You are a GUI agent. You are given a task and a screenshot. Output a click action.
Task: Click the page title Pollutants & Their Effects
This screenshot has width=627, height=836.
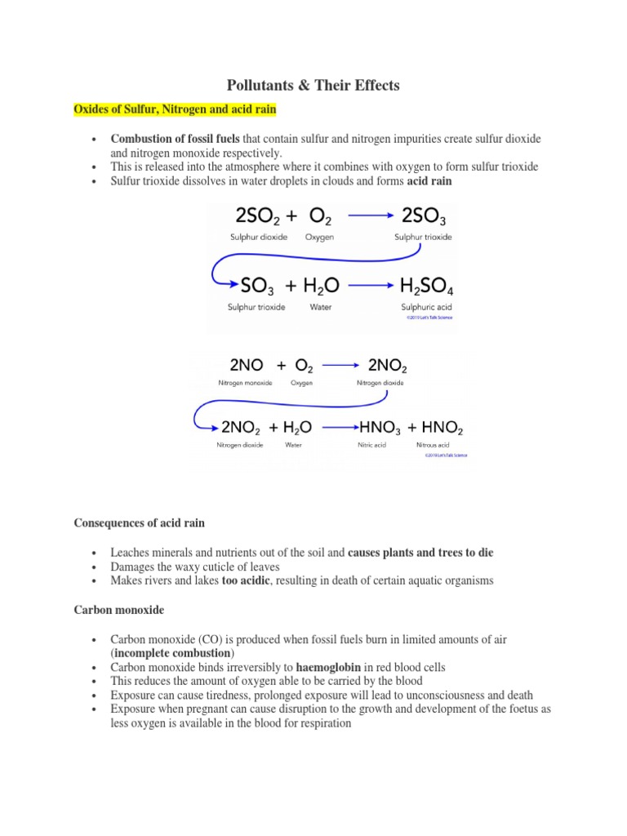[313, 85]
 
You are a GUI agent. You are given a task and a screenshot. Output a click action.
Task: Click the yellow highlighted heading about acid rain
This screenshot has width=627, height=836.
[176, 109]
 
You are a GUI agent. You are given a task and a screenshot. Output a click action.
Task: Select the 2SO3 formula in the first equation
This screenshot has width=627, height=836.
[424, 216]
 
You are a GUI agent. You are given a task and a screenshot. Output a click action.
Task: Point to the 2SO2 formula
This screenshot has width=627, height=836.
[260, 216]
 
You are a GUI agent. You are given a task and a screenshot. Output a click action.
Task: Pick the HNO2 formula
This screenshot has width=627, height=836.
[444, 426]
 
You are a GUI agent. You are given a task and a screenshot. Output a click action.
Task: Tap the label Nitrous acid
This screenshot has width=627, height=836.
[430, 445]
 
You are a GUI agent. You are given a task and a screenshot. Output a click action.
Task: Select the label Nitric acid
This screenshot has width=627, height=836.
[372, 445]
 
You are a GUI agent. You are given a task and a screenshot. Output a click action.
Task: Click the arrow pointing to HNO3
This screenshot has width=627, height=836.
[340, 426]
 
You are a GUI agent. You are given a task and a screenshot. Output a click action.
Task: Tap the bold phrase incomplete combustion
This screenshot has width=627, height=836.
[172, 653]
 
